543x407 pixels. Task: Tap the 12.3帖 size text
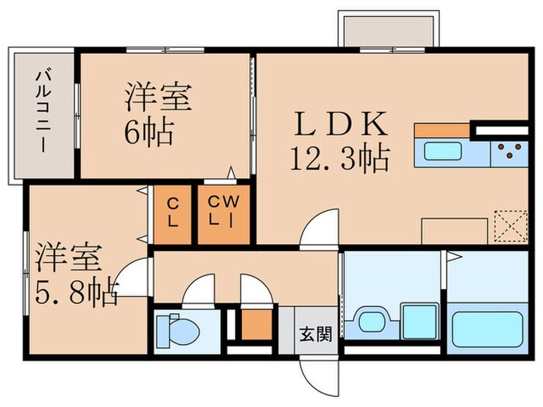[339, 160]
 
